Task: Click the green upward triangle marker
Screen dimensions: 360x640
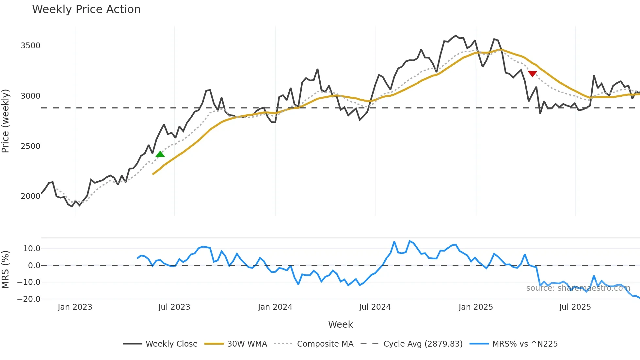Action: (160, 154)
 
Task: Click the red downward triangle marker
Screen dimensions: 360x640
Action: (532, 74)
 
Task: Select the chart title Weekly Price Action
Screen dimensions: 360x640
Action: (86, 9)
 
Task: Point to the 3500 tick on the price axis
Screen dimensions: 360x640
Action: (30, 46)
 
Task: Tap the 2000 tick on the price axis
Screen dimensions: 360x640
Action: (30, 196)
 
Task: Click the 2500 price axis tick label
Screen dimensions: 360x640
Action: (30, 146)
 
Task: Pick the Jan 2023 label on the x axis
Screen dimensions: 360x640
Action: (75, 307)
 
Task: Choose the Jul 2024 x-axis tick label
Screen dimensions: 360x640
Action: (375, 307)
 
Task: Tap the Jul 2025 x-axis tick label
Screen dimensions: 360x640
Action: (575, 307)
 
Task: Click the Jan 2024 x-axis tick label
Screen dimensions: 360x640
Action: (275, 307)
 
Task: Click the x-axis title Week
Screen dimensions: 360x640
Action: (340, 324)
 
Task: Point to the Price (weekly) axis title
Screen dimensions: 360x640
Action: (6, 121)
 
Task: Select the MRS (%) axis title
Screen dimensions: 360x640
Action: (6, 270)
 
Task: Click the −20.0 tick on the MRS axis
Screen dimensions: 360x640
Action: (29, 299)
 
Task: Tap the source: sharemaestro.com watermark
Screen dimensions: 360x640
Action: (578, 288)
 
